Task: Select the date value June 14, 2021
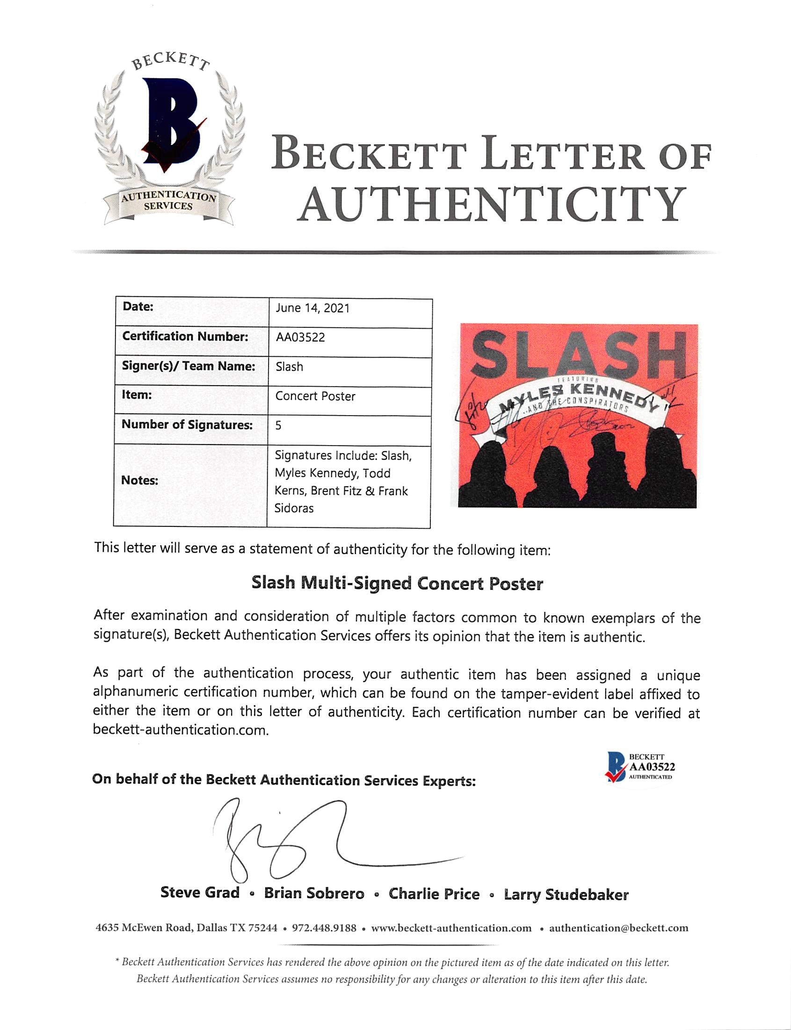tap(312, 308)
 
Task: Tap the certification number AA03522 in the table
tap(300, 338)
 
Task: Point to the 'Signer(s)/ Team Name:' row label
tap(189, 366)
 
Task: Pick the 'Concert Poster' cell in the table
tap(315, 396)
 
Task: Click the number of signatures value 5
tap(278, 425)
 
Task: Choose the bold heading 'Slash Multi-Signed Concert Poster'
tap(397, 583)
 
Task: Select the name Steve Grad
tap(200, 893)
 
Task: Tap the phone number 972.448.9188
tap(324, 928)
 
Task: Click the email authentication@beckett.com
tap(618, 928)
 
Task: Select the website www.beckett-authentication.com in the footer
tap(451, 928)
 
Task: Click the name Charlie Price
tap(434, 893)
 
